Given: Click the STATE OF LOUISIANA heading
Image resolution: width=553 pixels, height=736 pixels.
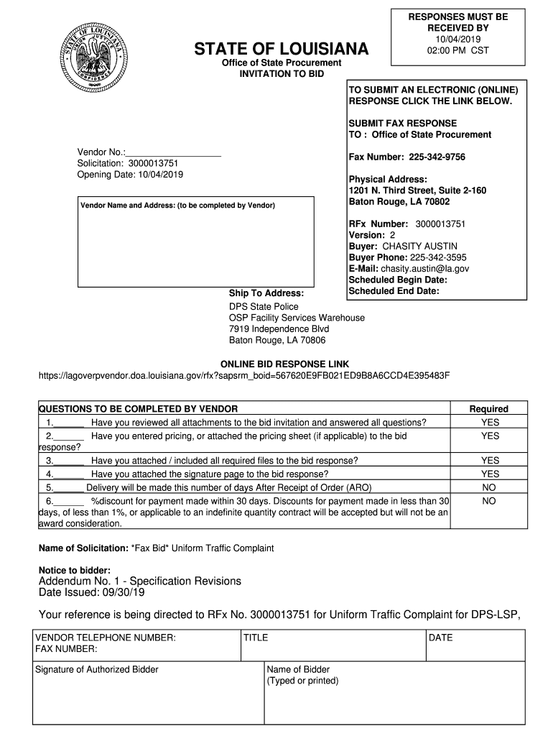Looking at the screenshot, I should pos(281,49).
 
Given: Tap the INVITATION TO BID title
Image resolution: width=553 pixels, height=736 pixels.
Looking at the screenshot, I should pos(282,74).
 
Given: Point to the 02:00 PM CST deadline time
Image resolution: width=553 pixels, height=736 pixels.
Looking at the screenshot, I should pos(457,51).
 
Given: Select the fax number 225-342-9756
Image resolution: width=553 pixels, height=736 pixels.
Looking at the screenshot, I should pos(437,157).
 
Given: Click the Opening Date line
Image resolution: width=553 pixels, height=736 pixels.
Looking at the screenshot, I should pos(130,175).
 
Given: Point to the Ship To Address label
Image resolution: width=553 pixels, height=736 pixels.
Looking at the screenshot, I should pos(266,293).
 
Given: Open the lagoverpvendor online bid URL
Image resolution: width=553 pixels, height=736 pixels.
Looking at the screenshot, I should pos(243,376).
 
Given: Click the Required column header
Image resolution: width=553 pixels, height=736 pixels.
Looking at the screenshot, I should pos(488,408).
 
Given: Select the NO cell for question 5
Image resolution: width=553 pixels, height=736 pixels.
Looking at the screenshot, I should pos(488,487).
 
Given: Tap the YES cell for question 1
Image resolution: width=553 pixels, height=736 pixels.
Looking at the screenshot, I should pos(490,423).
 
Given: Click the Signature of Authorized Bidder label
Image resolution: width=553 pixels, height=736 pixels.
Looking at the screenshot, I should pos(97,669).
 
